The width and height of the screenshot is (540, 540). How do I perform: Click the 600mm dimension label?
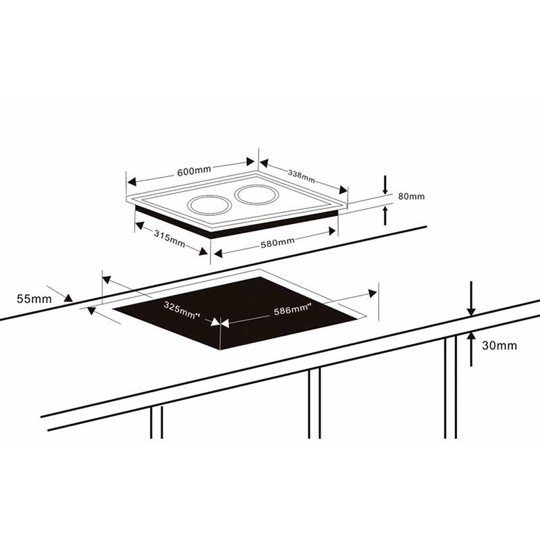click(x=194, y=171)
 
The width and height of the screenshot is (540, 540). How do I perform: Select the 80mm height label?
click(x=411, y=196)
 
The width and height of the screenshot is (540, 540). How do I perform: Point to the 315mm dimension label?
click(x=169, y=238)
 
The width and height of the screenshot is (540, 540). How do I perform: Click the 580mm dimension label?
click(x=277, y=242)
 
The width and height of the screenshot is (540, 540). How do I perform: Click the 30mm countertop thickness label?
click(x=500, y=346)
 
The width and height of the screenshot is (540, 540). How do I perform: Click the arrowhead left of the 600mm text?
click(x=132, y=182)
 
